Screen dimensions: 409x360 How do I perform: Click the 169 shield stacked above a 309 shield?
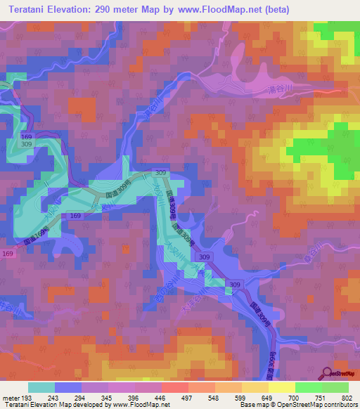point(27,135)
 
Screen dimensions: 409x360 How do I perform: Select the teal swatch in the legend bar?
point(41,387)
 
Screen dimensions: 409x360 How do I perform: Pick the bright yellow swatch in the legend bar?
point(281,387)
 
